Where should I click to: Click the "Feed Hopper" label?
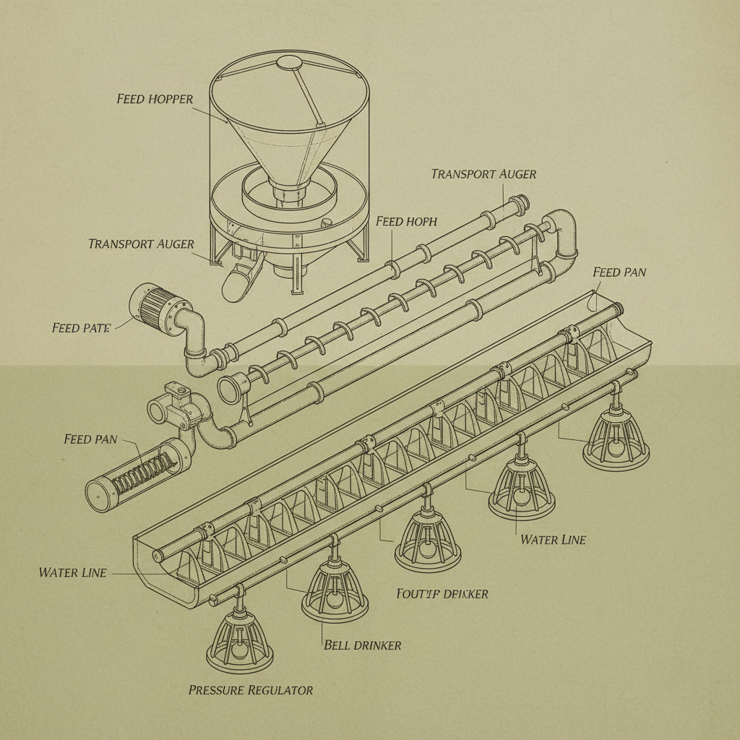coord(155,98)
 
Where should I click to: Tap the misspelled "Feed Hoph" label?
coord(406,221)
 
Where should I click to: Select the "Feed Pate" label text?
coord(81,328)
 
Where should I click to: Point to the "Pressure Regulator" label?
coord(251,690)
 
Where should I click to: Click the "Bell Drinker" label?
coord(362,645)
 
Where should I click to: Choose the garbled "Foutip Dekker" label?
coord(442,593)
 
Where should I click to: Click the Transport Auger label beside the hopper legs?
coord(141,244)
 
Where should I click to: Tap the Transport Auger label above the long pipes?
coord(483,174)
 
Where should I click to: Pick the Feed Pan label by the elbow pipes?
coord(619,272)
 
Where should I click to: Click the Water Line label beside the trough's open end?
coord(72,572)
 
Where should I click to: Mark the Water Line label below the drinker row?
coord(553,539)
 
